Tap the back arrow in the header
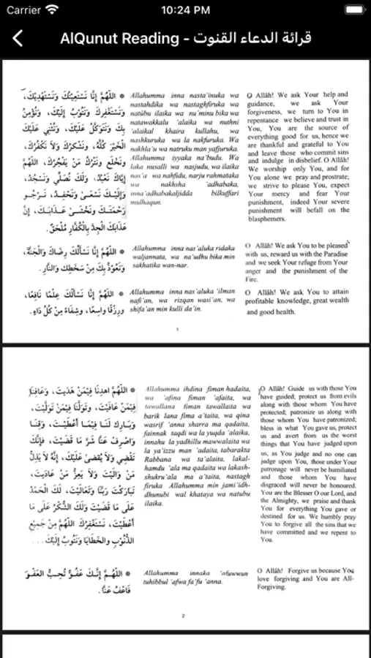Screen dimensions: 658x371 (18, 39)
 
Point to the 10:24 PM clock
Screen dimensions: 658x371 (185, 10)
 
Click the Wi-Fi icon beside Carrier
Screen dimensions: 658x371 (51, 10)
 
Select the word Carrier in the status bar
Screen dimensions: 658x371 (23, 10)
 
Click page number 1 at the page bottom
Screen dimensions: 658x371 (176, 330)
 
